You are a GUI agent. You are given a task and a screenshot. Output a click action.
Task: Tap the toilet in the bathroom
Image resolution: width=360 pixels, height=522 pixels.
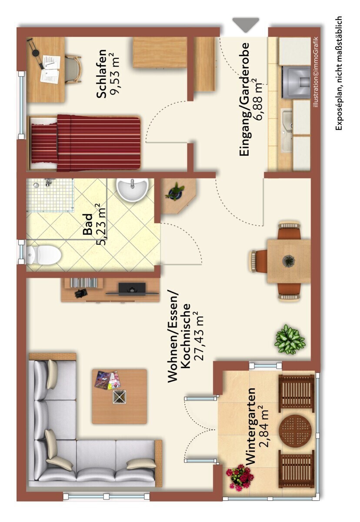coord(43,255)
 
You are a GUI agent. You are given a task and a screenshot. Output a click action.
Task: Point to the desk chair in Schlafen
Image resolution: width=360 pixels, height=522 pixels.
coord(73,69)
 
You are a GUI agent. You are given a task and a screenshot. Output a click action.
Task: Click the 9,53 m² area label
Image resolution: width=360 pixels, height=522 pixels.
coord(115,74)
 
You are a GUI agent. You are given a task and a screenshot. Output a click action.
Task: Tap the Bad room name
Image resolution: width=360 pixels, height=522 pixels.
coord(88,224)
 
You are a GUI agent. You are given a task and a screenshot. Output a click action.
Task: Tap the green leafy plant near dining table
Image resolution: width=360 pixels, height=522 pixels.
coord(290,340)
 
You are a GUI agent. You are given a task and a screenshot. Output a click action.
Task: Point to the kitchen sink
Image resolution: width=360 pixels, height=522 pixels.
coord(287,130)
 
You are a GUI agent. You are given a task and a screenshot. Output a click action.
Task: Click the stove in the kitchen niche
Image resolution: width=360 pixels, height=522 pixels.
coord(296,82)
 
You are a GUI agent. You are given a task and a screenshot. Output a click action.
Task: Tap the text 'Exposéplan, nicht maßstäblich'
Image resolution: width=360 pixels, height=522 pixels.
coord(339,73)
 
